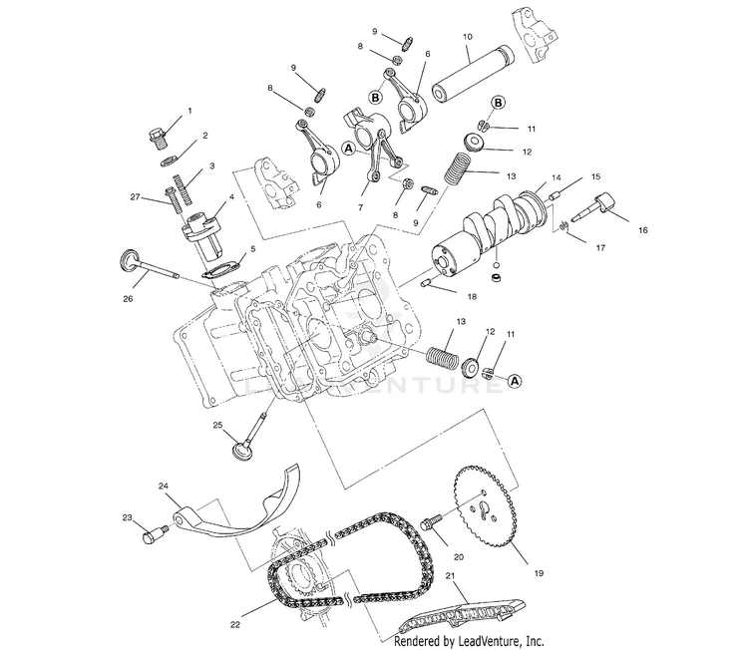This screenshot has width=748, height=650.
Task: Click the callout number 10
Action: [467, 37]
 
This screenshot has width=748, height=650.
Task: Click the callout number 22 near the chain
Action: [235, 625]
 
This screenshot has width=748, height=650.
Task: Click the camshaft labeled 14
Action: [489, 224]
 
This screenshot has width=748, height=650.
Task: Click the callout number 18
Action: [472, 295]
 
